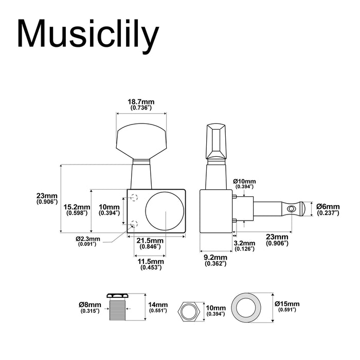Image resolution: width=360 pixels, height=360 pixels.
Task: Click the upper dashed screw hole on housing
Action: [135, 196]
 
